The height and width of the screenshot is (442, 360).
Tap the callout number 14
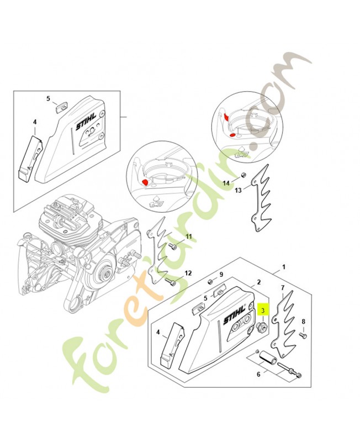pyautogui.click(x=226, y=183)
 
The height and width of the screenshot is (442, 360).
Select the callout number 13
pyautogui.click(x=238, y=191)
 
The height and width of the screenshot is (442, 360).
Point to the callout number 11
pyautogui.click(x=188, y=237)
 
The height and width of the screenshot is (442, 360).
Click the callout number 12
pyautogui.click(x=188, y=273)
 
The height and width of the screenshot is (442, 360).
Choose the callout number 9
pyautogui.click(x=221, y=275)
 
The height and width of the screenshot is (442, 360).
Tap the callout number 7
pyautogui.click(x=282, y=288)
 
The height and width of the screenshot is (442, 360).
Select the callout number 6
pyautogui.click(x=258, y=374)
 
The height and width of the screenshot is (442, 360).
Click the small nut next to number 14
pyautogui.click(x=242, y=176)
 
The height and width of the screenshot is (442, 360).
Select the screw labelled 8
pyautogui.click(x=303, y=334)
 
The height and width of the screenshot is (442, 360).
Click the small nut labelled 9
pyautogui.click(x=211, y=282)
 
